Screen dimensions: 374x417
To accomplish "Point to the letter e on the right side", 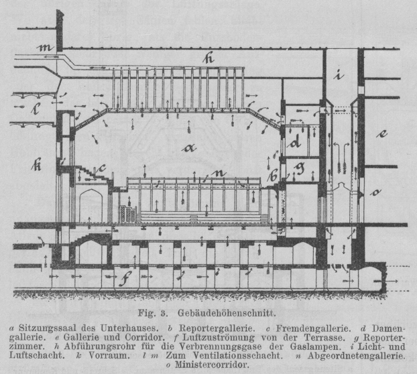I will tap(382, 133).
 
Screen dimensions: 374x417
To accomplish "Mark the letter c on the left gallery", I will tap(101, 169).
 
